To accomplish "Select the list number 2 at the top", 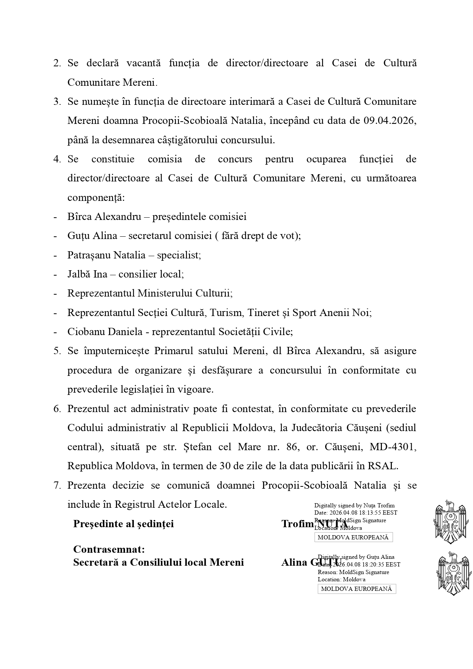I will click(x=57, y=63).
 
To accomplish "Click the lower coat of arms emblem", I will click(x=453, y=573).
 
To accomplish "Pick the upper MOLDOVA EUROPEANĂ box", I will click(x=353, y=537).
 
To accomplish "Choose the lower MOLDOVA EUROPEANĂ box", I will click(x=357, y=589).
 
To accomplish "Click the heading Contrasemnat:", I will click(x=109, y=550).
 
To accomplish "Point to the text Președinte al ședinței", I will click(x=123, y=524).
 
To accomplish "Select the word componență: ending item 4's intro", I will click(x=96, y=198).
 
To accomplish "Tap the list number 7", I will click(x=57, y=486).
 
